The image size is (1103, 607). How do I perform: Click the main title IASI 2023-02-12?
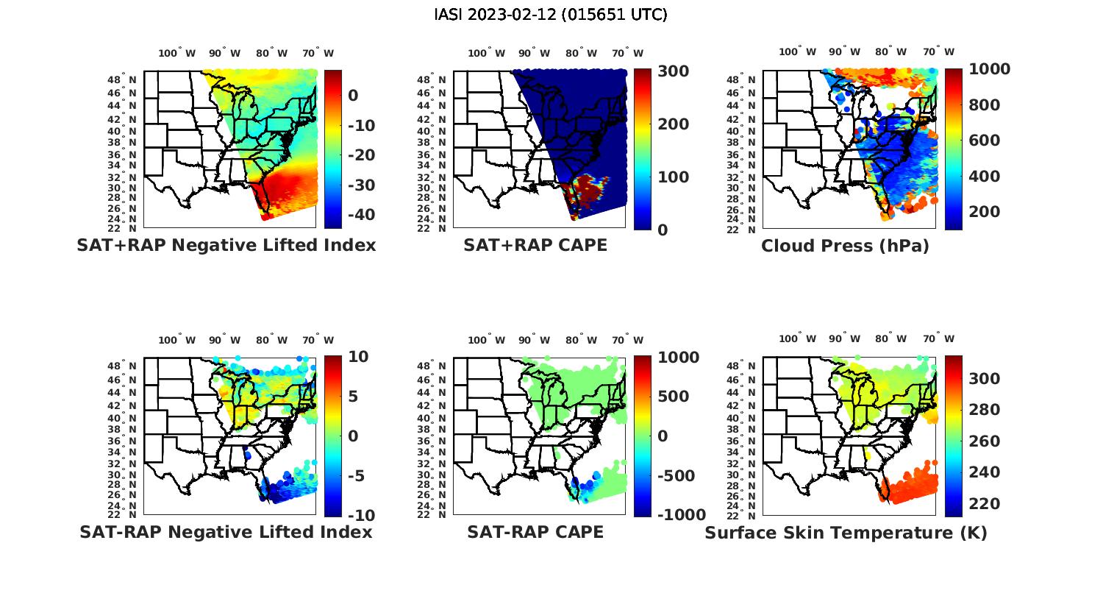[551, 15]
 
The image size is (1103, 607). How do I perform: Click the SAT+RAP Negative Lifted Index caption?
[226, 245]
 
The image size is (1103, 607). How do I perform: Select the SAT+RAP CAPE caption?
[535, 245]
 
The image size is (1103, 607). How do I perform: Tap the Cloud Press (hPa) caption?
[845, 246]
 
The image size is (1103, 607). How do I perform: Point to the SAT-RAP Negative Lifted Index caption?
[226, 532]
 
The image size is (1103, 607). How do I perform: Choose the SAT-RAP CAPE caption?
[535, 532]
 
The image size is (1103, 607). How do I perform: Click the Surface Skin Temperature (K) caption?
[846, 533]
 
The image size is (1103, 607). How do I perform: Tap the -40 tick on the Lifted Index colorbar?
[361, 215]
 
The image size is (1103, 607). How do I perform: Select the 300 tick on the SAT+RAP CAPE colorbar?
[673, 71]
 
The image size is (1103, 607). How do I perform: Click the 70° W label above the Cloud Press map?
[939, 52]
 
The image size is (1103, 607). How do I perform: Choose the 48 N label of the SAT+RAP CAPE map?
[431, 79]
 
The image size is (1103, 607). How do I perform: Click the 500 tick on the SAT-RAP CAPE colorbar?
[673, 397]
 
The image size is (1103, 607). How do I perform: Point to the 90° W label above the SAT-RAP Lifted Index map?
[224, 340]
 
